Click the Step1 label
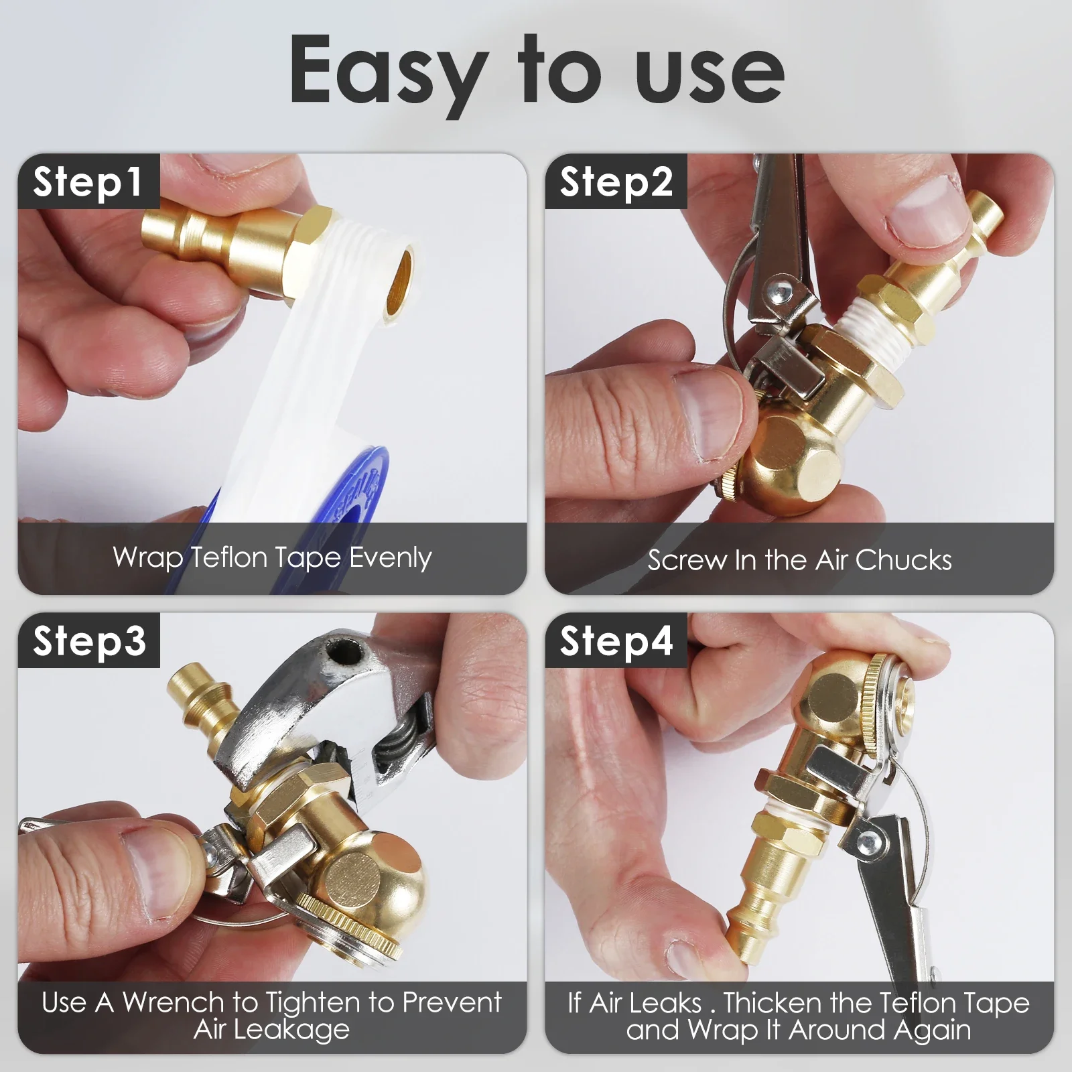88,182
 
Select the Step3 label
89,641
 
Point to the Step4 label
616,641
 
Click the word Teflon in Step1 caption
230,557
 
